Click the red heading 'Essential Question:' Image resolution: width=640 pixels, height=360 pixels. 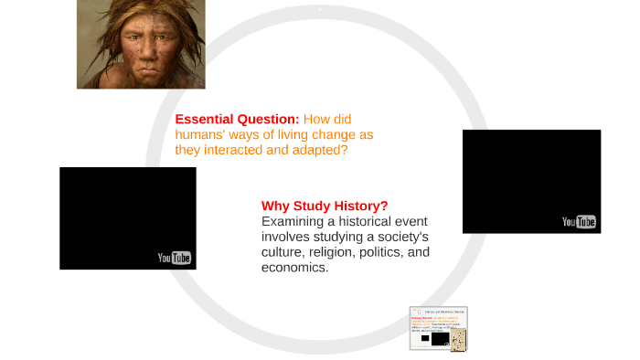click(x=237, y=119)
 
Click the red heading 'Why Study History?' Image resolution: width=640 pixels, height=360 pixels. click(x=325, y=206)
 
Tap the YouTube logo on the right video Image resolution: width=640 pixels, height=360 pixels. click(x=579, y=222)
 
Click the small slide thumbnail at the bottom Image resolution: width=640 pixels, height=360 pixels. click(x=439, y=328)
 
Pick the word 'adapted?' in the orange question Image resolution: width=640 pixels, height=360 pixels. click(x=320, y=150)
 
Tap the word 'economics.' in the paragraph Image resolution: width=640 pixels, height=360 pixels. click(x=294, y=268)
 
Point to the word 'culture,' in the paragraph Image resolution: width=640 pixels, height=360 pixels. click(x=284, y=252)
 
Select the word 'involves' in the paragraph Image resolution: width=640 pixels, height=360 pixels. click(x=287, y=237)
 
